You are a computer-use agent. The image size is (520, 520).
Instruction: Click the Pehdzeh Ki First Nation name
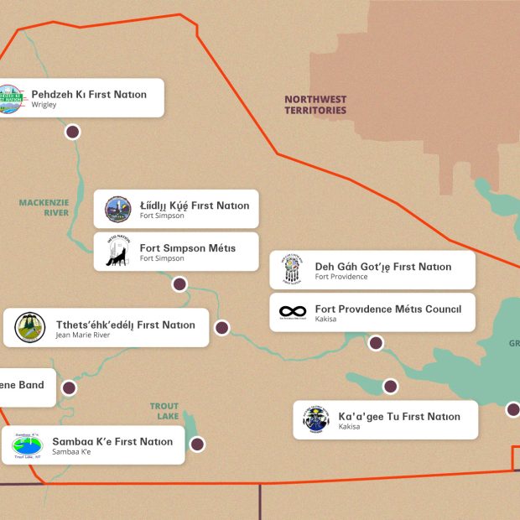pyautogui.click(x=89, y=95)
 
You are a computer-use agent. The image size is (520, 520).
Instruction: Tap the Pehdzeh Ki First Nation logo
pyautogui.click(x=12, y=97)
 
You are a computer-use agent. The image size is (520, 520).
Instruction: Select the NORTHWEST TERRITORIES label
pyautogui.click(x=315, y=105)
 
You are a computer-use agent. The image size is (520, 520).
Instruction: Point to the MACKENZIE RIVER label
pyautogui.click(x=44, y=207)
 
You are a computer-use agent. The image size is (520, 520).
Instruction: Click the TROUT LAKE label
pyautogui.click(x=164, y=412)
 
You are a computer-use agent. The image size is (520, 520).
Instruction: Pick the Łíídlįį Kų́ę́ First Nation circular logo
pyautogui.click(x=117, y=210)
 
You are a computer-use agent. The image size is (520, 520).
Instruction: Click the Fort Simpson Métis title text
pyautogui.click(x=187, y=248)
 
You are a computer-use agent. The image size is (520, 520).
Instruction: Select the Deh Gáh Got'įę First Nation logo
pyautogui.click(x=292, y=270)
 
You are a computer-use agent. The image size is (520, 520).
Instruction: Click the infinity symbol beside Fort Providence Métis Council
pyautogui.click(x=293, y=312)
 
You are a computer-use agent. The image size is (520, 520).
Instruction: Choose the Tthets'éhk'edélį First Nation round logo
pyautogui.click(x=30, y=328)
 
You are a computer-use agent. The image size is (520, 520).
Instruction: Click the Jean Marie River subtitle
pyautogui.click(x=82, y=335)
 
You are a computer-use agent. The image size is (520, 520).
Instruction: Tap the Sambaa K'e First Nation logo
pyautogui.click(x=27, y=445)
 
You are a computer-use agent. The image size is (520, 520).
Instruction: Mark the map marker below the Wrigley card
pyautogui.click(x=72, y=132)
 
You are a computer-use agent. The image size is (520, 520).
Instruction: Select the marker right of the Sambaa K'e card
pyautogui.click(x=197, y=445)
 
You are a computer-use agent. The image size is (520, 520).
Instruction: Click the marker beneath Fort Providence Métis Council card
pyautogui.click(x=376, y=342)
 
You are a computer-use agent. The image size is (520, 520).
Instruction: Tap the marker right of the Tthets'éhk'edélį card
pyautogui.click(x=221, y=328)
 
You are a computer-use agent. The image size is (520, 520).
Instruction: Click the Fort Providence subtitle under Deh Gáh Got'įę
pyautogui.click(x=342, y=277)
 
